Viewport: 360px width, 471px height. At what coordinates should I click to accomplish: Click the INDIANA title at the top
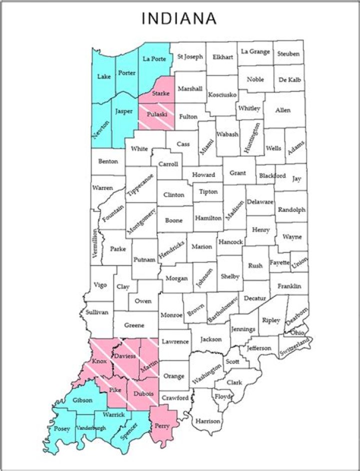[x=179, y=18]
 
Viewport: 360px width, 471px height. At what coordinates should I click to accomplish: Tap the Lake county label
[x=104, y=76]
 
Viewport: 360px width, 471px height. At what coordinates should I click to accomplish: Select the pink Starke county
[x=161, y=93]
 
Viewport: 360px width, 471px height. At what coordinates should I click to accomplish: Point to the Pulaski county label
[x=156, y=114]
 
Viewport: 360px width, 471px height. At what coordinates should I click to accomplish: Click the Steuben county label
[x=288, y=53]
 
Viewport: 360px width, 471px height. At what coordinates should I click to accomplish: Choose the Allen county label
[x=282, y=109]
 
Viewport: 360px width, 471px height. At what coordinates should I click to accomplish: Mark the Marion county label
[x=201, y=246]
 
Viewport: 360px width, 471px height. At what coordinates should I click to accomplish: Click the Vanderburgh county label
[x=90, y=428]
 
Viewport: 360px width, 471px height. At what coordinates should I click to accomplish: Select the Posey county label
[x=62, y=428]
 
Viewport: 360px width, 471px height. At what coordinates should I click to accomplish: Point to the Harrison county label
[x=208, y=421]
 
